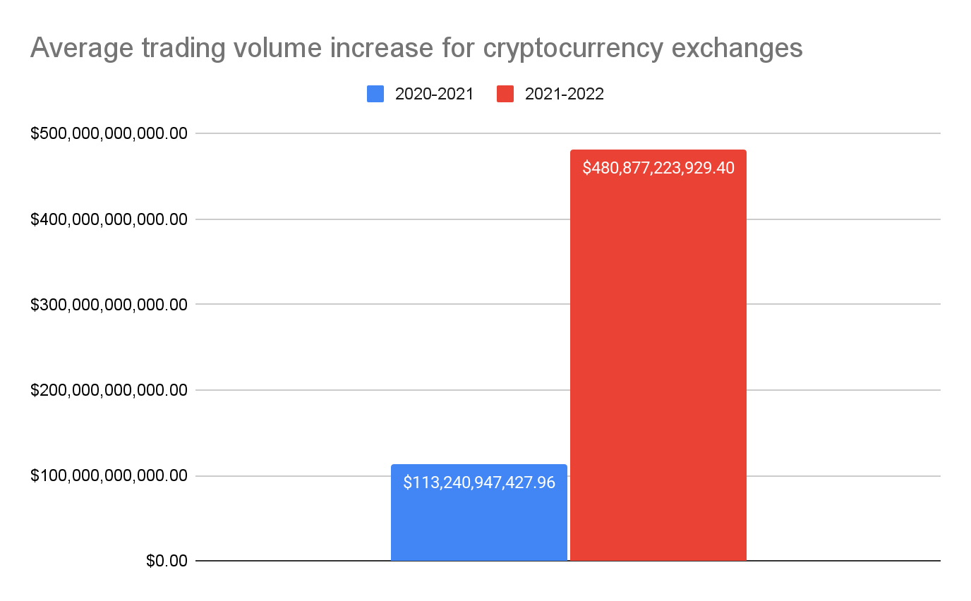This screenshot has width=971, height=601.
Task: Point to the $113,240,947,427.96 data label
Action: [x=479, y=482]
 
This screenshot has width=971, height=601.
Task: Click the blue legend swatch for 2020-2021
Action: [x=375, y=95]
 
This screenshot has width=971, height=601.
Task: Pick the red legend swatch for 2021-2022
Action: [x=505, y=95]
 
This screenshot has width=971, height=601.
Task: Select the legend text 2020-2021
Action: [x=434, y=95]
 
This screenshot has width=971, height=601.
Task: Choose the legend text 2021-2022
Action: [x=565, y=95]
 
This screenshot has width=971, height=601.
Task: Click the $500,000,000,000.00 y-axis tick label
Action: [x=109, y=133]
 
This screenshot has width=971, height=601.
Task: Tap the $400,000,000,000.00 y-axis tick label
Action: [x=109, y=219]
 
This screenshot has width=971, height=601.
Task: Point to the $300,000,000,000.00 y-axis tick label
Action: [x=109, y=305]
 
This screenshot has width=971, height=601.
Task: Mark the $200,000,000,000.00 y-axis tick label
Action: [x=109, y=390]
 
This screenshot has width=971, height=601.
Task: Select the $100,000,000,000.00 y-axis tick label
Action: [x=109, y=476]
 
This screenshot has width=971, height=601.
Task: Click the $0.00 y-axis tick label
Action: [x=167, y=561]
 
